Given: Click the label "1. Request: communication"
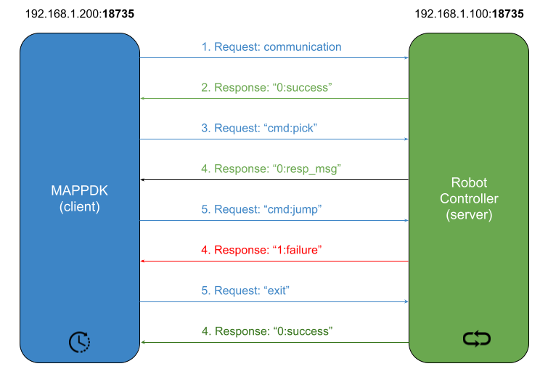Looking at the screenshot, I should click(271, 47).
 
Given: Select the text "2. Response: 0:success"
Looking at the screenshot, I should click(266, 88).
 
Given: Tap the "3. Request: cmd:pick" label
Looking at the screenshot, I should click(260, 129).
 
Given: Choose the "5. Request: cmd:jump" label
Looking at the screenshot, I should click(261, 210).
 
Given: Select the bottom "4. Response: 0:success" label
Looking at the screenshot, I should click(266, 331).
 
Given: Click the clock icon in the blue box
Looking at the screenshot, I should click(79, 341).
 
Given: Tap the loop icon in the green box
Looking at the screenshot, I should click(477, 338).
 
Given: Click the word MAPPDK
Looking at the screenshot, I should click(79, 192).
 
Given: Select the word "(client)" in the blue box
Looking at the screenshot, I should click(79, 206).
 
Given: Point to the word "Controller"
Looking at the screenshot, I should click(469, 198).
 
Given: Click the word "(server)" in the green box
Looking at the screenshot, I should click(469, 214).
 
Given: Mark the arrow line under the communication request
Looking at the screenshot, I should click(274, 58).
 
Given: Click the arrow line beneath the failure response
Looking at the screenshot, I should click(274, 261).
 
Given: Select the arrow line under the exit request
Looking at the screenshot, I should click(274, 302).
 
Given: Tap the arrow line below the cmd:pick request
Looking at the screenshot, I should click(274, 139).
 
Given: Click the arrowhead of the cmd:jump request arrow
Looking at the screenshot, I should click(406, 221).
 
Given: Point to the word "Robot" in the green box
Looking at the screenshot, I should click(469, 182).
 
